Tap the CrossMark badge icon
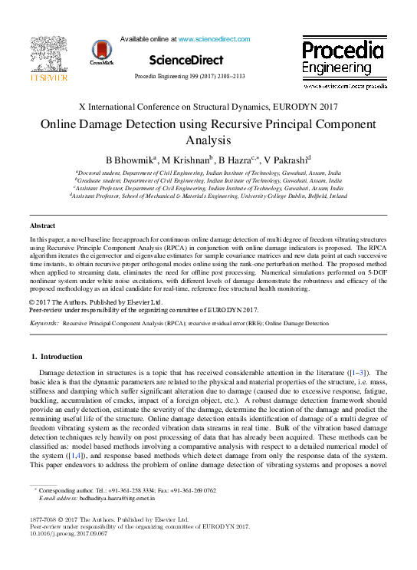(102, 52)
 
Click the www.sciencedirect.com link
(214, 38)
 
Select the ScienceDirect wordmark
(186, 60)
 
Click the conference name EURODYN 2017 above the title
(309, 107)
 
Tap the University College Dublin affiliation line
(208, 196)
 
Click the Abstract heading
(42, 226)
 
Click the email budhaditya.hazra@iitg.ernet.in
(120, 498)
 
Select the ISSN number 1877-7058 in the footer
(44, 520)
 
